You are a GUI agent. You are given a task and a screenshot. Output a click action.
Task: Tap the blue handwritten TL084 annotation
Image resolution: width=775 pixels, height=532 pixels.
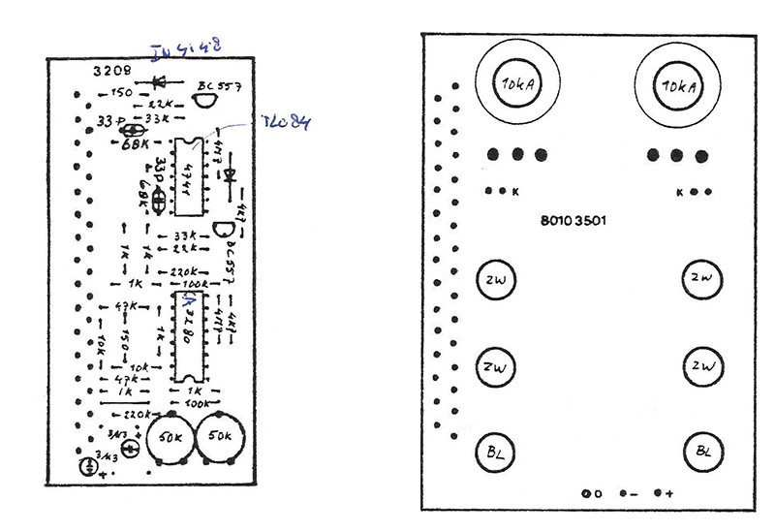[287, 123]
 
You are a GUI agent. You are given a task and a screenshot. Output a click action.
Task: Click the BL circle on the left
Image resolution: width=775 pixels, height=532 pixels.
[496, 452]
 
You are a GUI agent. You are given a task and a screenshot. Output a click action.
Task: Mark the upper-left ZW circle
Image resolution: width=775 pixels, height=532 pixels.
[496, 282]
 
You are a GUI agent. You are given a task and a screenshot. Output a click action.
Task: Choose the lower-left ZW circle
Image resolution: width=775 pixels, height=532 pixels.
[496, 367]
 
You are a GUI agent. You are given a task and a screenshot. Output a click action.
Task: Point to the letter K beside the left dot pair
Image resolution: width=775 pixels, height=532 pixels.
[515, 192]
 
